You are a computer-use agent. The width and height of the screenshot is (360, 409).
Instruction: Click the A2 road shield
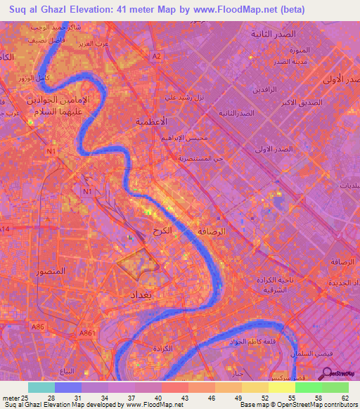pyautogui.click(x=157, y=56)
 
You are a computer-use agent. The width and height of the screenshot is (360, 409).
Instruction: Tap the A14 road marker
pyautogui.click(x=6, y=230)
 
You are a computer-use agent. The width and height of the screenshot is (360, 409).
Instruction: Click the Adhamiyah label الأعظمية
pyautogui.click(x=151, y=122)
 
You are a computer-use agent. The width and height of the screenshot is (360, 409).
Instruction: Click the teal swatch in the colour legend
pyautogui.click(x=41, y=387)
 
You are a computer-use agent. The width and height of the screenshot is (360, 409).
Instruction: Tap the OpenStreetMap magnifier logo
pyautogui.click(x=326, y=373)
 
